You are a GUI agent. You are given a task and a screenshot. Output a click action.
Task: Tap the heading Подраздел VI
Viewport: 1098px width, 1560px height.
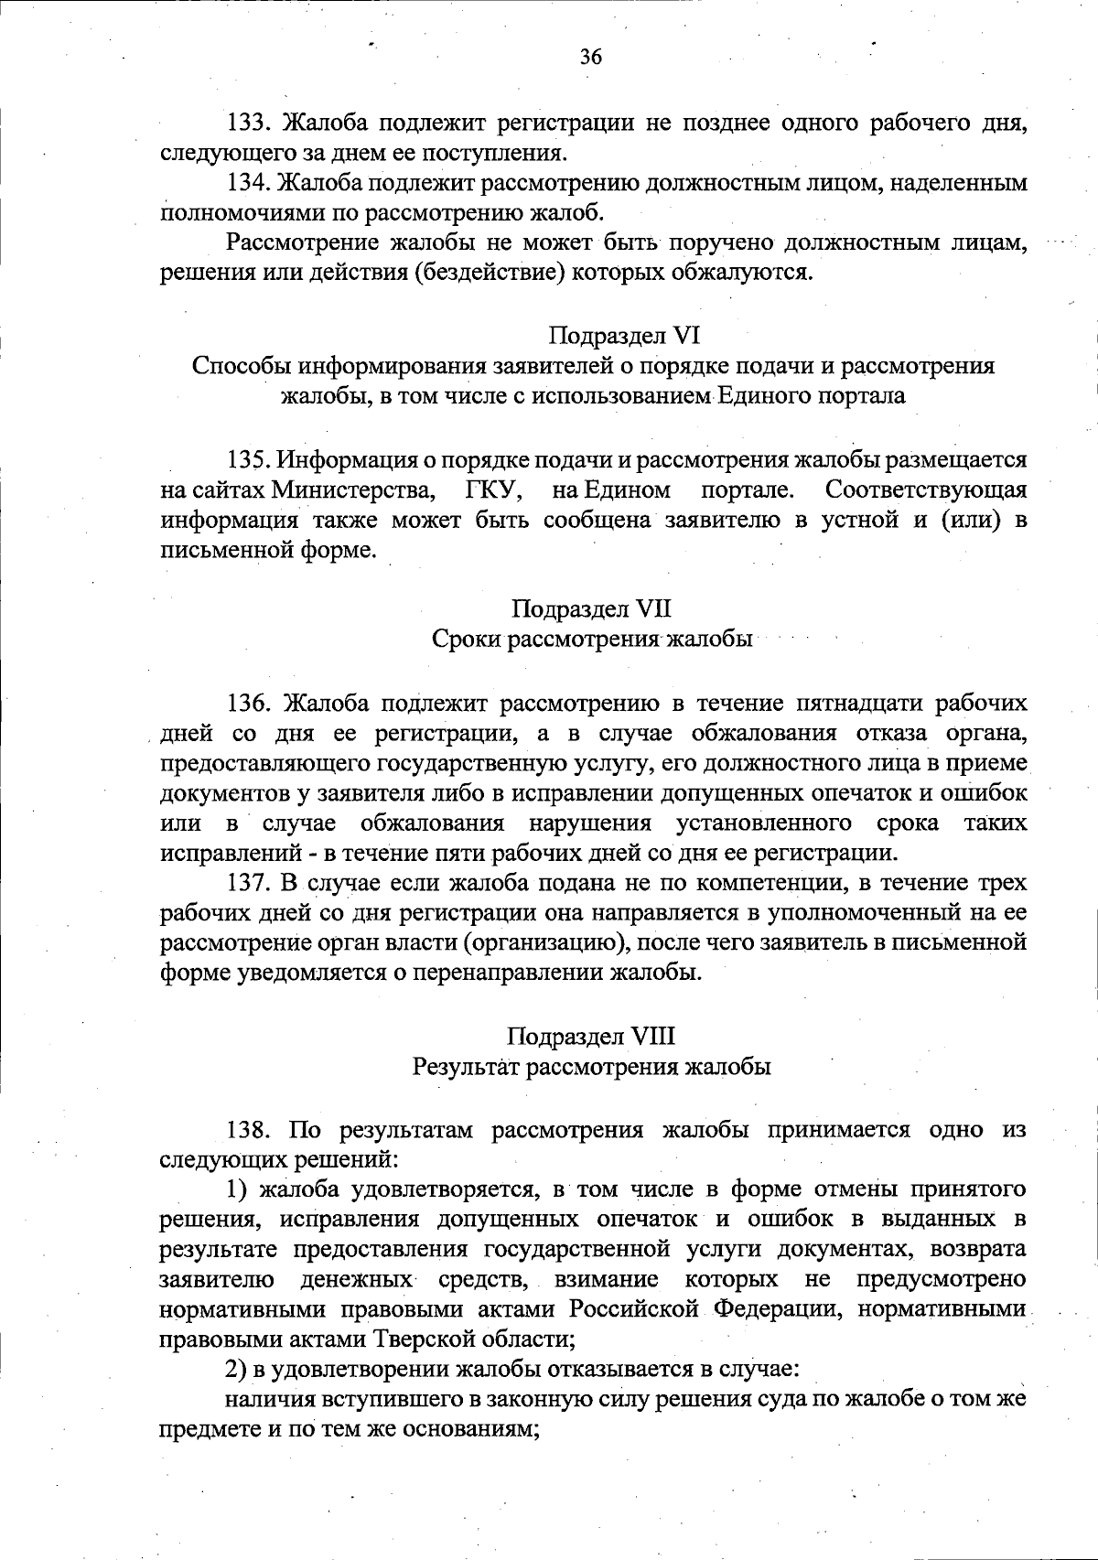tap(625, 336)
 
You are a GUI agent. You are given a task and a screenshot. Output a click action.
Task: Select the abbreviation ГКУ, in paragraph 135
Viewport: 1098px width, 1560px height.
tap(494, 490)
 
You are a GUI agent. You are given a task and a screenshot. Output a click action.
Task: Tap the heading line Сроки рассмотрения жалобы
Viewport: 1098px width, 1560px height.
tap(592, 640)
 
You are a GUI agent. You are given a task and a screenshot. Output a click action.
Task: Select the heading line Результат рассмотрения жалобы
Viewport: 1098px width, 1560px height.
tap(592, 1067)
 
